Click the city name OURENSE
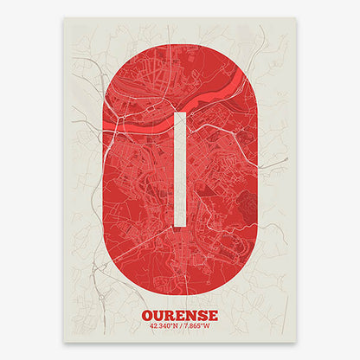[179, 315]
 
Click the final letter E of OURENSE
[213, 315]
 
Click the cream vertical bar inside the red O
[180, 170]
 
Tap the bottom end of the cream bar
[180, 226]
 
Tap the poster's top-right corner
[297, 18]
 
